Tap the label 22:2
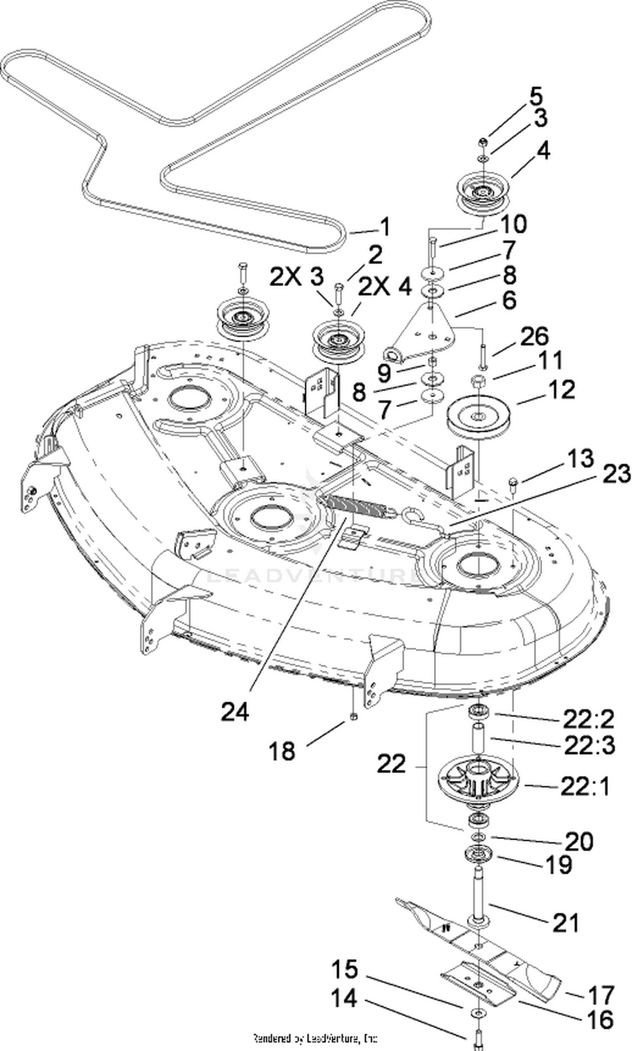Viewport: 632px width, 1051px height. pos(589,720)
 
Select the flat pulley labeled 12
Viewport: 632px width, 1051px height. pos(478,416)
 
